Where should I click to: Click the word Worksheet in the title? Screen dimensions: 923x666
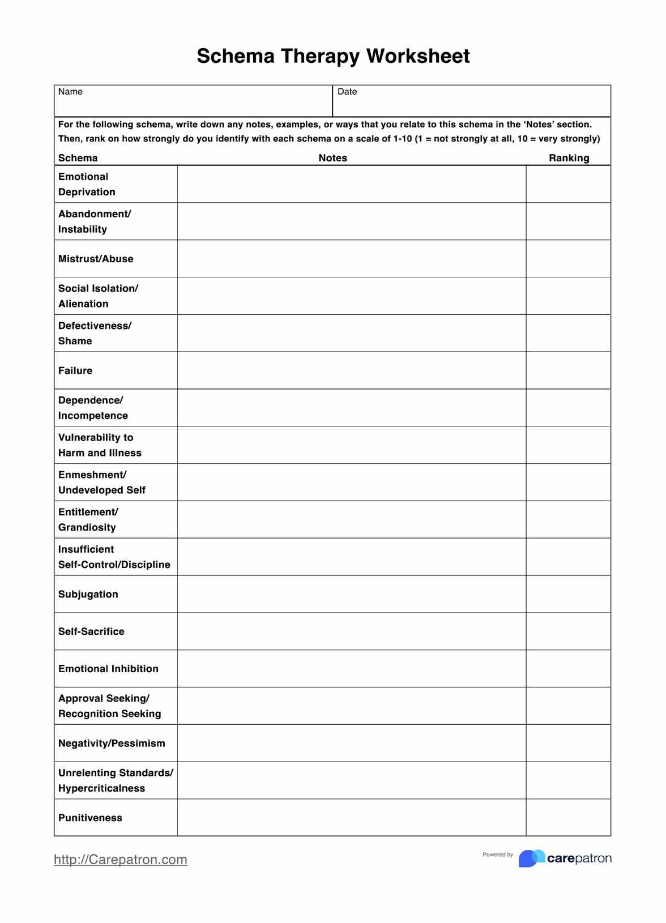tap(417, 56)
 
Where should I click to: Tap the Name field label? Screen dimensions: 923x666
tap(70, 92)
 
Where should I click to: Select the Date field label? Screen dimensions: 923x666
tap(347, 92)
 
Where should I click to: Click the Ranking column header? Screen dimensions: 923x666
tap(569, 158)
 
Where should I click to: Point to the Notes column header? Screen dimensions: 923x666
tap(332, 158)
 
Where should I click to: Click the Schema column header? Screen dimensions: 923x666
tap(78, 158)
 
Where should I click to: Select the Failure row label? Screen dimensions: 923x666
tap(75, 371)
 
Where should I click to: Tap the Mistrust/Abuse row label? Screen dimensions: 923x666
tap(96, 259)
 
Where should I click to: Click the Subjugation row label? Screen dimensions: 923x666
tap(88, 594)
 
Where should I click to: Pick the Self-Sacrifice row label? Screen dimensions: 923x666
tap(91, 631)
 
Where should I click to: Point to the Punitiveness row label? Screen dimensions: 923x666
tap(90, 818)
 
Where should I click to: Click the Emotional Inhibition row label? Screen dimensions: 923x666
tap(108, 669)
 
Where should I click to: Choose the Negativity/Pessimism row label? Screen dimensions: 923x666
tap(112, 743)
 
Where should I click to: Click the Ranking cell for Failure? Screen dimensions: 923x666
tap(568, 370)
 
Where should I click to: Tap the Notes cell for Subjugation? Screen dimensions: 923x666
tap(351, 594)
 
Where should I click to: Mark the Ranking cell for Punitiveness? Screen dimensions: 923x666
tap(568, 817)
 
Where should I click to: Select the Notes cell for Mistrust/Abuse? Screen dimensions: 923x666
tap(351, 259)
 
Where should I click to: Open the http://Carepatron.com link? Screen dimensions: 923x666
tap(121, 860)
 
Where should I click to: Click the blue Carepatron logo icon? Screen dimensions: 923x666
tap(531, 858)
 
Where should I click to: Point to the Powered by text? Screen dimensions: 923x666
tap(498, 854)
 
